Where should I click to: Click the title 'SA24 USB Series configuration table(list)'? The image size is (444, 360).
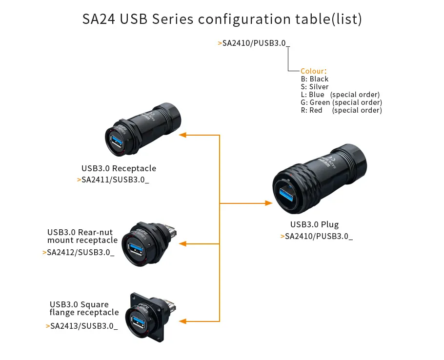coord(222,19)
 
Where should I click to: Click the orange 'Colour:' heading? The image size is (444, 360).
coord(313,71)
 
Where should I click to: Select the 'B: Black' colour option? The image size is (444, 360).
coord(315,79)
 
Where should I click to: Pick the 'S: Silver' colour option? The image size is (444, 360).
coord(315,87)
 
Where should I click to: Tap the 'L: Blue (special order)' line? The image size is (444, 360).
coord(340,95)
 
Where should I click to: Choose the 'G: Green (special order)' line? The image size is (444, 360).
coord(342,102)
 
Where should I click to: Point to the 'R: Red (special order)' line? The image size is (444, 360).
coord(342,110)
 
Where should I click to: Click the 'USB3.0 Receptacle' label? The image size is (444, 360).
coord(119,168)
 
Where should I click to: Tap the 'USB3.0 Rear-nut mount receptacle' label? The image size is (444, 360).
coord(82,236)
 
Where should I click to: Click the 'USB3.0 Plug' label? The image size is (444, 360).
coord(314,224)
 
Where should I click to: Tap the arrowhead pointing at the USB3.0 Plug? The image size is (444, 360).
coord(268,203)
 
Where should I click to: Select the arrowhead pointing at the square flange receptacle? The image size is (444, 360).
coord(183,321)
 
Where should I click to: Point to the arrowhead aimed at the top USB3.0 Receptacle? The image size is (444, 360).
coord(183,135)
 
